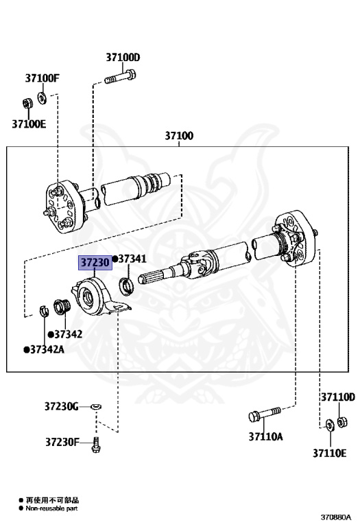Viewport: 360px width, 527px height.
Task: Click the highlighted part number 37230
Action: point(95,263)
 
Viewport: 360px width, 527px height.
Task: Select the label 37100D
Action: point(123,58)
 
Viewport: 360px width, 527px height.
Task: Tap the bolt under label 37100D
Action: point(120,77)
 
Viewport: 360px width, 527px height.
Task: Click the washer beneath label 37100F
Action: point(42,97)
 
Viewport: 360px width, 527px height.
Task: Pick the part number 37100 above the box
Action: point(179,136)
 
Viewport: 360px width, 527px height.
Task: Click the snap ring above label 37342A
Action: point(44,310)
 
